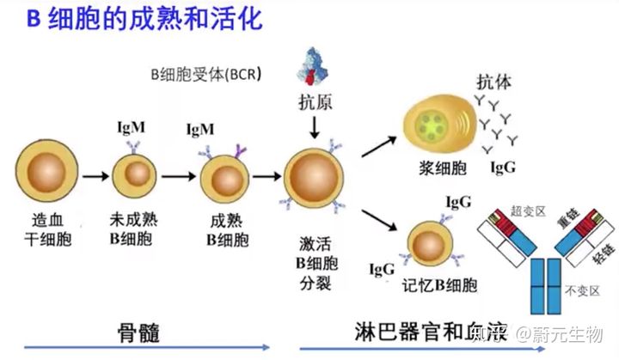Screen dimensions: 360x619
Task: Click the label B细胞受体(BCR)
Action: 205,75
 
